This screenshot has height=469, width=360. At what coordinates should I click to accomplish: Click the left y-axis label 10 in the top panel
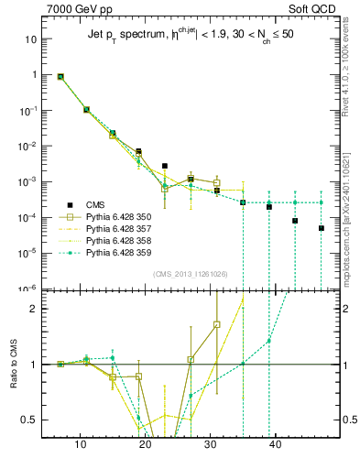[x=29, y=39]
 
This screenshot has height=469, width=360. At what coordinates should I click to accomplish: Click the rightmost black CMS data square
[x=322, y=228]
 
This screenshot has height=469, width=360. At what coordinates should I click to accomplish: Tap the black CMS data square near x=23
[x=165, y=166]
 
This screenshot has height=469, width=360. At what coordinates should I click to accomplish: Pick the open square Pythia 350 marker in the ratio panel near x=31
[x=217, y=324]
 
